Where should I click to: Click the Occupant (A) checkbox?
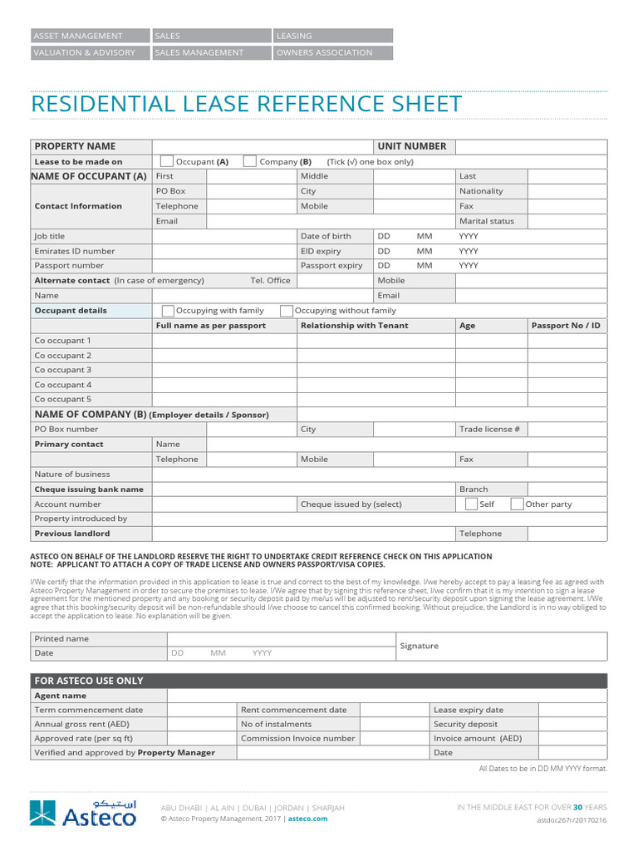pyautogui.click(x=167, y=161)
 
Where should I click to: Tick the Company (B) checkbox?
pyautogui.click(x=249, y=161)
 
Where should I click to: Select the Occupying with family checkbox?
pyautogui.click(x=168, y=311)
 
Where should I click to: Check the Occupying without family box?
pyautogui.click(x=287, y=311)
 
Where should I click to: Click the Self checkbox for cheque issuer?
pyautogui.click(x=471, y=504)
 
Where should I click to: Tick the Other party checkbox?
pyautogui.click(x=517, y=504)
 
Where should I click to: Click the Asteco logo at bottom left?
pyautogui.click(x=83, y=813)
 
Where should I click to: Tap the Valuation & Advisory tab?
pyautogui.click(x=84, y=52)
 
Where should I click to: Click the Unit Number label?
pyautogui.click(x=412, y=146)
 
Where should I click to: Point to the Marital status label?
pyautogui.click(x=487, y=221)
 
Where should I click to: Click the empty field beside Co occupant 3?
pyautogui.click(x=224, y=370)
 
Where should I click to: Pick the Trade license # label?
pyautogui.click(x=489, y=429)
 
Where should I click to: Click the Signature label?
pyautogui.click(x=420, y=646)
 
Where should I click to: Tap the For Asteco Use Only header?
pyautogui.click(x=89, y=681)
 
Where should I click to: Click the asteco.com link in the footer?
pyautogui.click(x=308, y=819)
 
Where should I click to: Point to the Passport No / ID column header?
pyautogui.click(x=565, y=326)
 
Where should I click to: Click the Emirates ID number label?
pyautogui.click(x=75, y=251)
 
